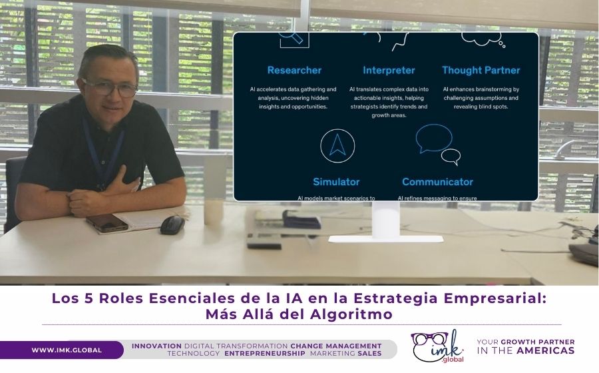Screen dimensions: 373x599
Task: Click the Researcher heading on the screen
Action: pos(294,70)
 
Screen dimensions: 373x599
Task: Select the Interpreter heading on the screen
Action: pos(389,70)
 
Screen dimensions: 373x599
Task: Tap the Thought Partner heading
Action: pos(481,70)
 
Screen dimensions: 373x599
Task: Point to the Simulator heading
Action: pos(336,182)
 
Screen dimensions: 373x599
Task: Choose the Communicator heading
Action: pos(437,182)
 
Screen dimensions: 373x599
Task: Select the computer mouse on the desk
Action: pos(172,224)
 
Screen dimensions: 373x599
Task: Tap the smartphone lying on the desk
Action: pos(106,222)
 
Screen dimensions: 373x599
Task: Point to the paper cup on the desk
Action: pos(214,211)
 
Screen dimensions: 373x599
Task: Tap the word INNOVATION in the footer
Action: pos(156,346)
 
